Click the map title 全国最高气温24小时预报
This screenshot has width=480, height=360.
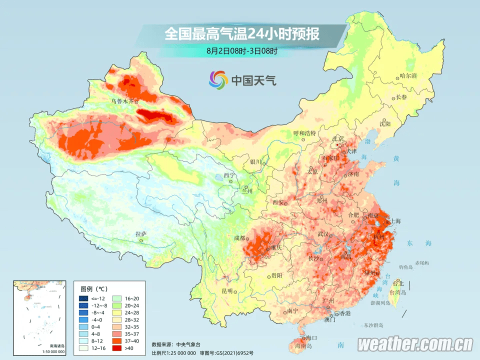point(242,34)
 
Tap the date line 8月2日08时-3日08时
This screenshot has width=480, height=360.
point(241,50)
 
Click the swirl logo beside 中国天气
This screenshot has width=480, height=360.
point(218,79)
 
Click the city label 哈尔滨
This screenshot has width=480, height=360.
point(408,76)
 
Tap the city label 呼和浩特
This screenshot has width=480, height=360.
point(304,133)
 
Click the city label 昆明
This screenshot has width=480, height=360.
point(227,291)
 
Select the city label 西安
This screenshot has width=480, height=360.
point(278,202)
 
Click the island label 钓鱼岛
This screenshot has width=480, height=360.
point(405,267)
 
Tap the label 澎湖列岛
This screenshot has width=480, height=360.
point(379,303)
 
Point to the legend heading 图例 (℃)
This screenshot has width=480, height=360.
point(94,289)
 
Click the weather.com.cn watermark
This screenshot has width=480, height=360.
point(415,344)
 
